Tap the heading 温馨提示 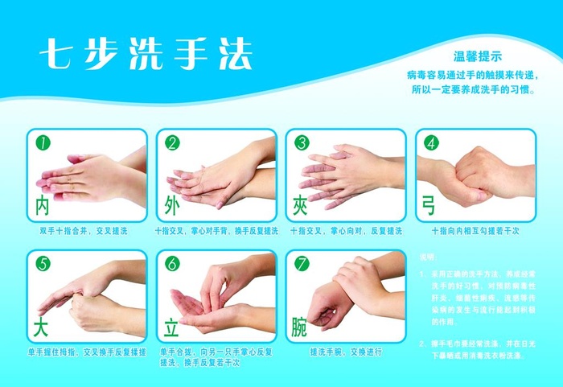478,56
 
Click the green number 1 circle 43,143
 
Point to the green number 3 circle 302,143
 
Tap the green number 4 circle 431,143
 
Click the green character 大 42,327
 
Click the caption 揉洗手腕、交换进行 346,352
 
